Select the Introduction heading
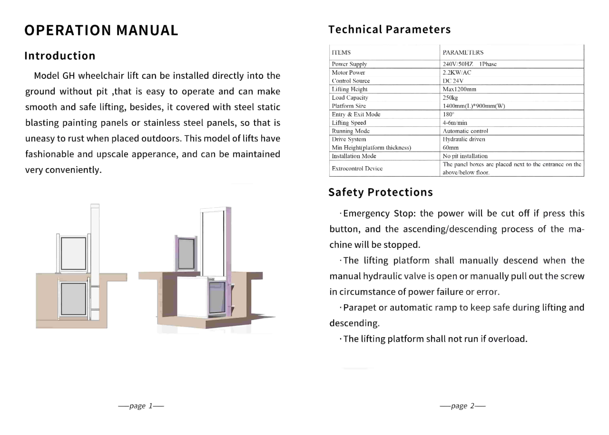pyautogui.click(x=60, y=56)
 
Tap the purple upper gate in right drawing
pyautogui.click(x=186, y=253)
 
